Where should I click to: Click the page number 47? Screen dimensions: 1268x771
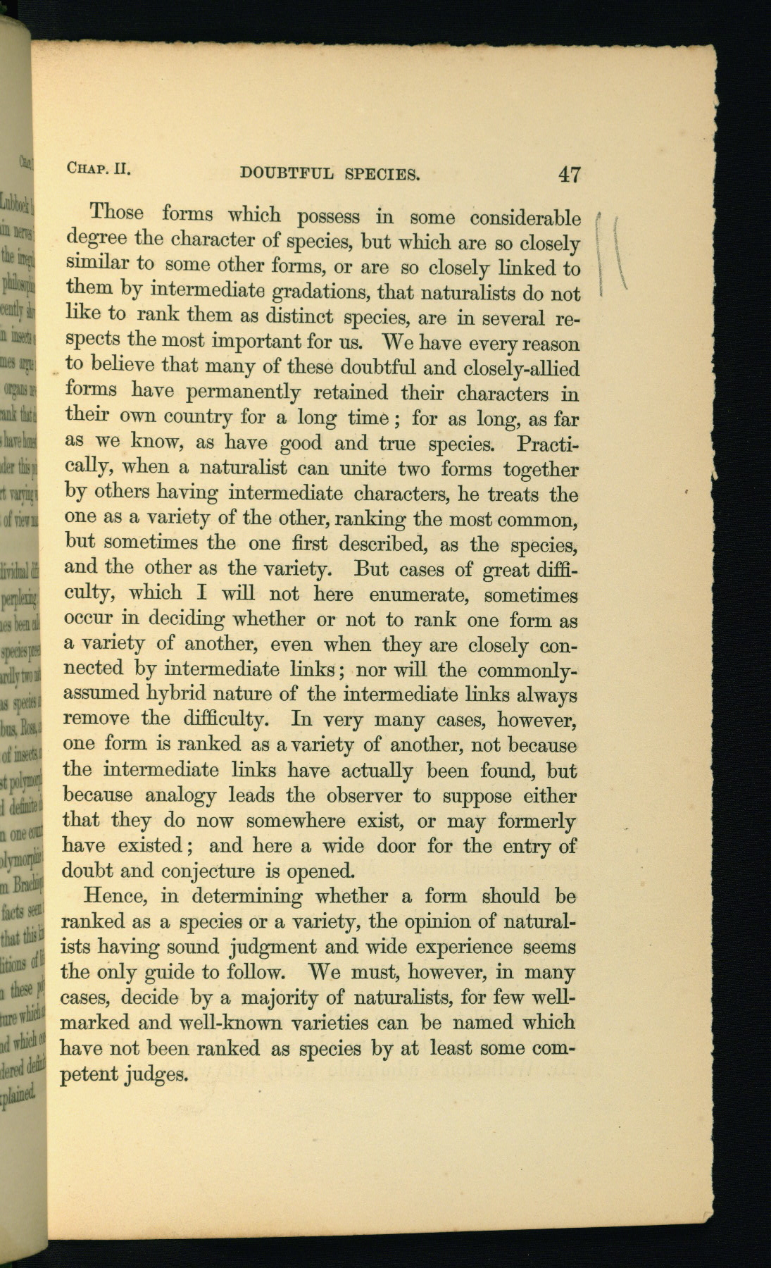[x=569, y=174]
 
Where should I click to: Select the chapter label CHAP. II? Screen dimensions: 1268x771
[x=100, y=168]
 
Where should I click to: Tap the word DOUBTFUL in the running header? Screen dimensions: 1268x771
[x=287, y=173]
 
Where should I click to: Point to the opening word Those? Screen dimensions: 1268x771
[x=116, y=213]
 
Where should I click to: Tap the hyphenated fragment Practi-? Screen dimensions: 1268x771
[x=547, y=445]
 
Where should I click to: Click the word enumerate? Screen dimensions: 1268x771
[x=415, y=595]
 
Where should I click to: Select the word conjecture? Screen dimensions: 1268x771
[x=209, y=871]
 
